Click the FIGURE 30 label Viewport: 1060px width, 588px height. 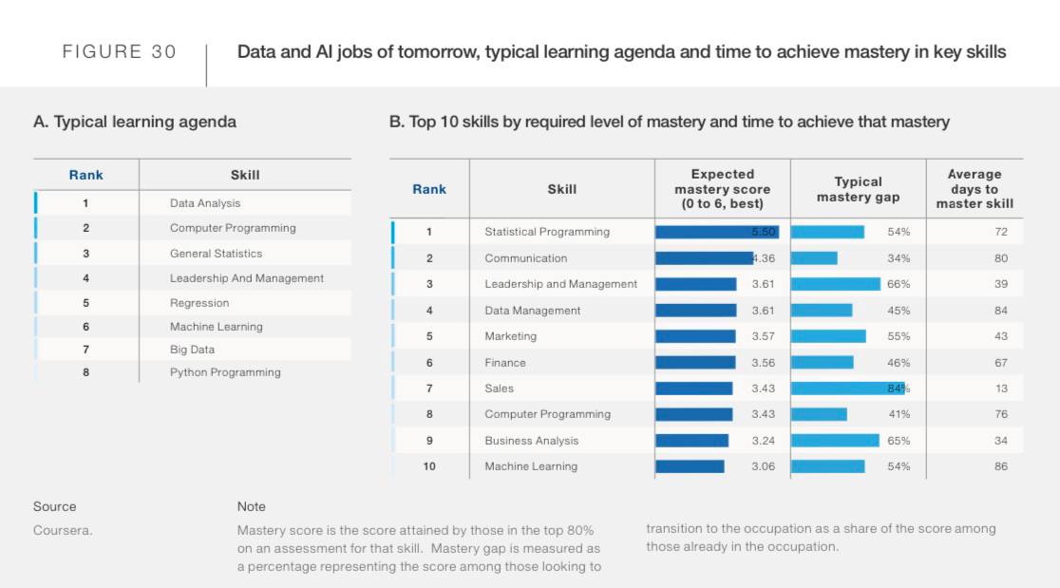tap(120, 52)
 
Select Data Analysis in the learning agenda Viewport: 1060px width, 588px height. tap(205, 203)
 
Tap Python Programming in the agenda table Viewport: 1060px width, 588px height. tap(225, 372)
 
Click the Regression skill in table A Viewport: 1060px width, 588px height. tap(199, 303)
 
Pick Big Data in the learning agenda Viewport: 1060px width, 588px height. tap(193, 350)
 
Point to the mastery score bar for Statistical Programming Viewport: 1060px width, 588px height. tap(717, 232)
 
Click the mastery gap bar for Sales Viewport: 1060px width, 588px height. tap(847, 389)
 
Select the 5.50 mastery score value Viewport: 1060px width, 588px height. tap(764, 232)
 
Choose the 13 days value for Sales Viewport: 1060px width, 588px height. tap(1001, 389)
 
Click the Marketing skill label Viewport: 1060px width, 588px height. tap(511, 336)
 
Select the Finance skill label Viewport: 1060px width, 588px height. tap(505, 363)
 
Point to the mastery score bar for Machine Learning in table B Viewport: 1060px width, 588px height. tap(690, 466)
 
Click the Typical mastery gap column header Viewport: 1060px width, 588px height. tap(858, 189)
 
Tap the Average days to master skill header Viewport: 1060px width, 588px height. tap(975, 189)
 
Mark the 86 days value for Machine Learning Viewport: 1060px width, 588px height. tap(1001, 466)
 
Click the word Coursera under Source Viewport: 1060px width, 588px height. tap(63, 531)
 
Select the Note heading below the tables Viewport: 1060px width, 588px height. tap(252, 506)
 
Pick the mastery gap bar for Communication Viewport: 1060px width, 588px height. tap(814, 258)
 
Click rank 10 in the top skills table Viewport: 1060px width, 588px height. tap(429, 466)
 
